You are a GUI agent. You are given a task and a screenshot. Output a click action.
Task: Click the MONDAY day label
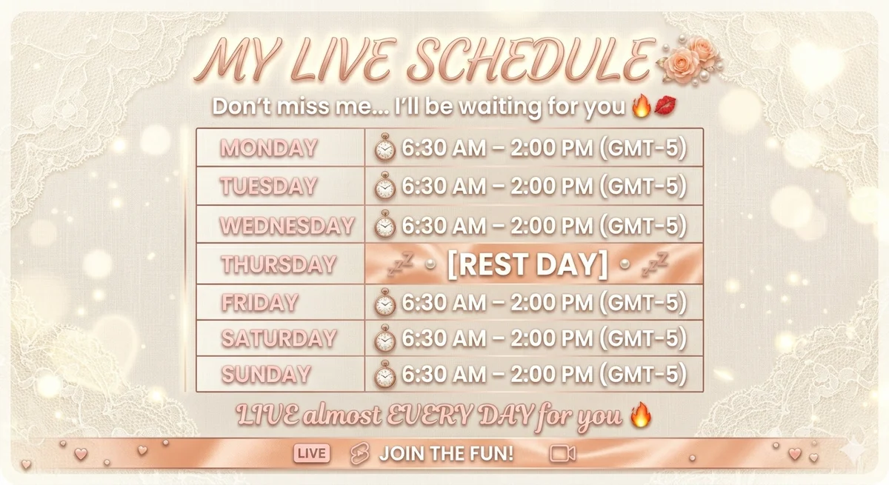coord(269,148)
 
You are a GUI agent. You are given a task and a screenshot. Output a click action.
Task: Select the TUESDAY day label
coord(269,186)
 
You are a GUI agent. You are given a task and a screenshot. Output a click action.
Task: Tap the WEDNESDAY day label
coord(287,225)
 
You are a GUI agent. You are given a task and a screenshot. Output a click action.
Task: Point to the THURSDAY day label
coord(279,264)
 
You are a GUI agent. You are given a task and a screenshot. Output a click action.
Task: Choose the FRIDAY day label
coord(260,303)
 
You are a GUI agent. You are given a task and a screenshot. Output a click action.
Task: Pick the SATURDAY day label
coord(279,338)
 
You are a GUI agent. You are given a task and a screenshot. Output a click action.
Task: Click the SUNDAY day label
coord(266,374)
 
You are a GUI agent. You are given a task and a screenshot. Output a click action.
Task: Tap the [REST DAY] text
coord(527,264)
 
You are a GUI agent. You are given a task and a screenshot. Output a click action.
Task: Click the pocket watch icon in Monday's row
coord(384,147)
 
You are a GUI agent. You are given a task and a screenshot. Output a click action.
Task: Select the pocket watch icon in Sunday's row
coord(384,374)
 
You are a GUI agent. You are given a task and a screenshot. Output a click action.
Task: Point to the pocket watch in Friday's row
coord(384,302)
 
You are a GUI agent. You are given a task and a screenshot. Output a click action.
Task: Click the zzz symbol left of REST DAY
coord(401,264)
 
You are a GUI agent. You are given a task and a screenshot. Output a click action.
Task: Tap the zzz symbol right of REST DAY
coord(655,264)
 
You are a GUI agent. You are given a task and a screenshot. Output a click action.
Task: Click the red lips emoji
coord(665,106)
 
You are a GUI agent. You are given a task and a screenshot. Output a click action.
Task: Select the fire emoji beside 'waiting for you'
coord(642,105)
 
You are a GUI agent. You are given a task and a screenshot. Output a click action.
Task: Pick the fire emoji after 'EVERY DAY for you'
coord(641,415)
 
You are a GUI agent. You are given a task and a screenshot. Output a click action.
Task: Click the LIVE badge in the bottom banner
coord(312,453)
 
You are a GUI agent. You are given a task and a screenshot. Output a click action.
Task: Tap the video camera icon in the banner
coord(562,454)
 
